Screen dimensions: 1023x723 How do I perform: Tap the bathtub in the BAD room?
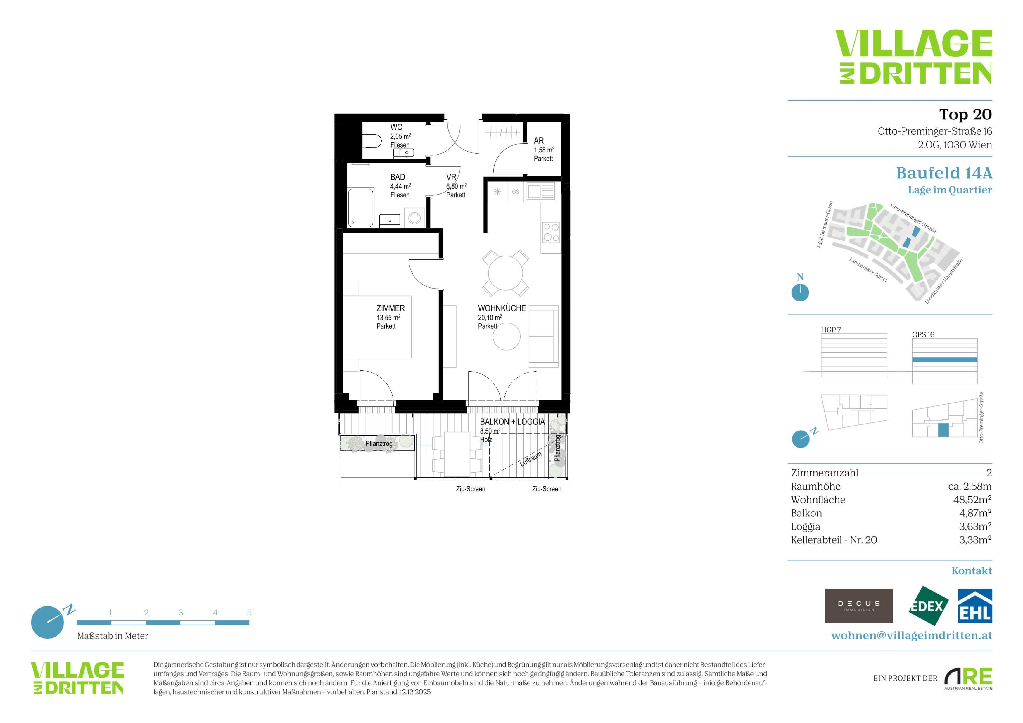(x=360, y=207)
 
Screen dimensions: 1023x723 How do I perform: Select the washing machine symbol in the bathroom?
(x=414, y=218)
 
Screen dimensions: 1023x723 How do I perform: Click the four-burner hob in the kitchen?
(x=551, y=232)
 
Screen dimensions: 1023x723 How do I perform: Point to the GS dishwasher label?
(x=516, y=192)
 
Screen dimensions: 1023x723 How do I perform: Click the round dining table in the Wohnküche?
(x=505, y=273)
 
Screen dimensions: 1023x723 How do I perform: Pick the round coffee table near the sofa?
(x=507, y=337)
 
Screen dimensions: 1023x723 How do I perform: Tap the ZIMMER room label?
(x=390, y=308)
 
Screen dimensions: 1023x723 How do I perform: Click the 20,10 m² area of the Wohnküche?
(x=490, y=318)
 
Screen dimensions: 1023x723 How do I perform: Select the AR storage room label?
(x=539, y=141)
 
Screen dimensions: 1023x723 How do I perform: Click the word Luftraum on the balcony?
(x=531, y=459)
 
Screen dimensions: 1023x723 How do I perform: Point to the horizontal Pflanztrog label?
(x=379, y=443)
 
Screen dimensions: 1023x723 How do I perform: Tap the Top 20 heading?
(x=965, y=115)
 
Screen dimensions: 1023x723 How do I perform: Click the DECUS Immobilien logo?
(x=859, y=606)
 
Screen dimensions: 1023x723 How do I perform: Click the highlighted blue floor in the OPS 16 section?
(x=945, y=360)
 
